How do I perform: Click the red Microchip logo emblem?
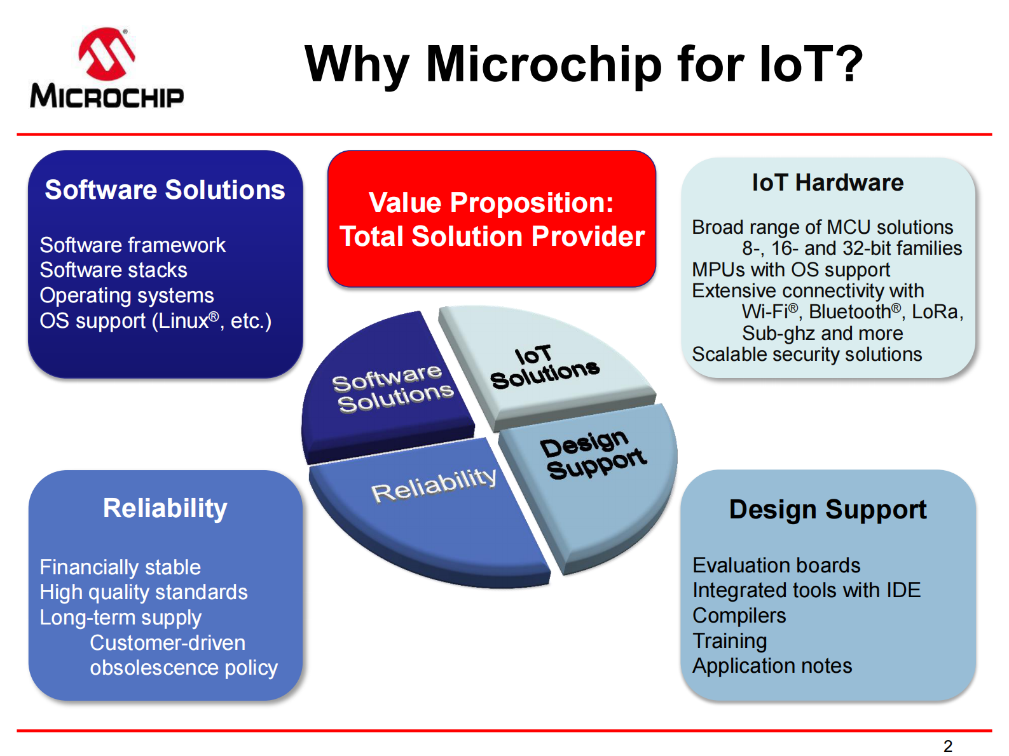(106, 53)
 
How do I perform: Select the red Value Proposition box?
(491, 219)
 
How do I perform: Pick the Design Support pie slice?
(594, 470)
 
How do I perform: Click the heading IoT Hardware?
(827, 183)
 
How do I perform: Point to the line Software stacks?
(113, 270)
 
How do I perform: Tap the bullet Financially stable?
(120, 567)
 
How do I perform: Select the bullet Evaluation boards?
(776, 565)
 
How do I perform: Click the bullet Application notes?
(772, 666)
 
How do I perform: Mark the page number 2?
(947, 746)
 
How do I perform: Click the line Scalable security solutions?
(806, 354)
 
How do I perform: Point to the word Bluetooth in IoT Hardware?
(849, 312)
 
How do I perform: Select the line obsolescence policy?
(183, 668)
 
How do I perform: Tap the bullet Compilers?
(739, 616)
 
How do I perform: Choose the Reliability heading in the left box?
(165, 508)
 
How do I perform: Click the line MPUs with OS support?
(790, 269)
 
